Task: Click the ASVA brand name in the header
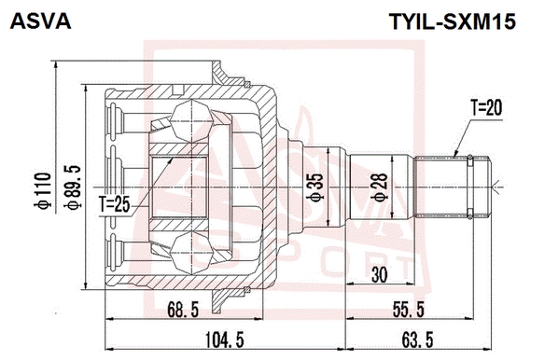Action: [41, 21]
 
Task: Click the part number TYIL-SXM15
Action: [452, 21]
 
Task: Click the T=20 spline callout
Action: [486, 108]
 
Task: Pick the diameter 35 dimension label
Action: [315, 187]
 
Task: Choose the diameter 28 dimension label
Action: [379, 187]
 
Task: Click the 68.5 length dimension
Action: [183, 309]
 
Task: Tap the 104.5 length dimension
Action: [225, 339]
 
